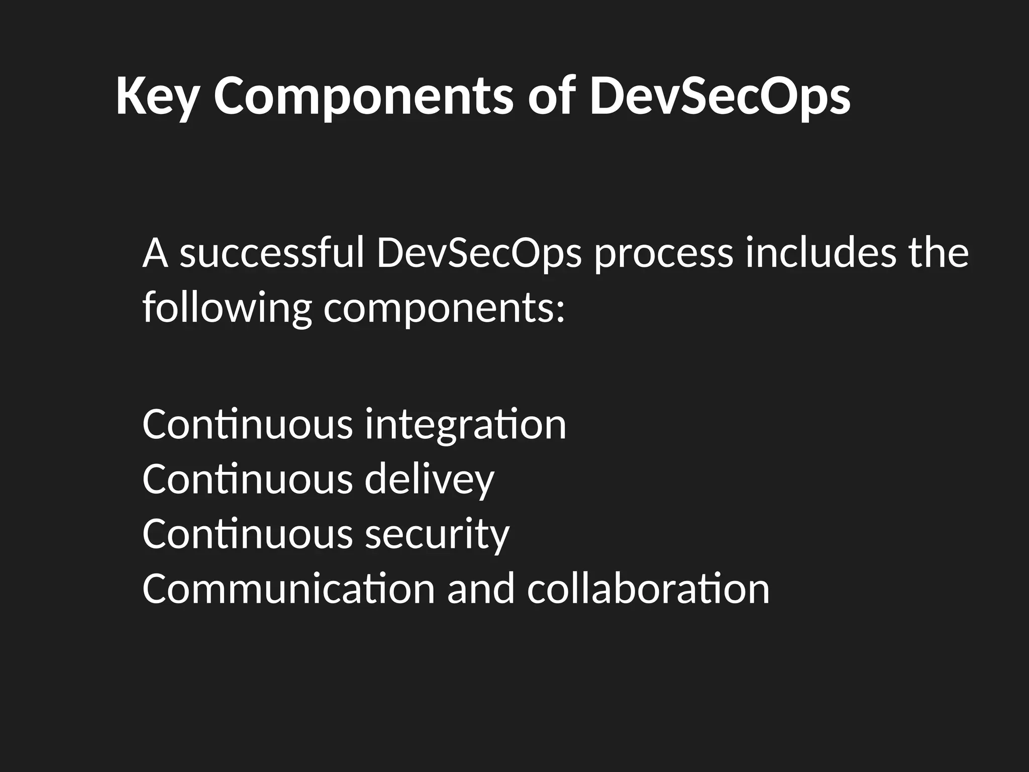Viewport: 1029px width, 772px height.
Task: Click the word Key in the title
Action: tap(157, 96)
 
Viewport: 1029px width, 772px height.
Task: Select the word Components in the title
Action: tap(363, 96)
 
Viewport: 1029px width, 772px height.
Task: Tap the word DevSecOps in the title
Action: tap(719, 96)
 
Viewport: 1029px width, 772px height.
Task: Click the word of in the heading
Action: tap(551, 96)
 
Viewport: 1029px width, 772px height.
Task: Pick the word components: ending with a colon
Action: tap(444, 309)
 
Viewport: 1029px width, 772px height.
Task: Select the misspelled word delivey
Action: tap(430, 480)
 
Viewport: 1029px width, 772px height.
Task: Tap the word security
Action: tap(437, 534)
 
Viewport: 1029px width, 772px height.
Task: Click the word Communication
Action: tap(288, 589)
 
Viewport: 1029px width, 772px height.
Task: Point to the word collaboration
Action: tap(648, 589)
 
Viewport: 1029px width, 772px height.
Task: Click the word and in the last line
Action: tap(481, 589)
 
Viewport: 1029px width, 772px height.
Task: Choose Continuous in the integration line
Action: tap(248, 425)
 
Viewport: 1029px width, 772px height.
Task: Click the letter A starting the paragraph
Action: tap(155, 254)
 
